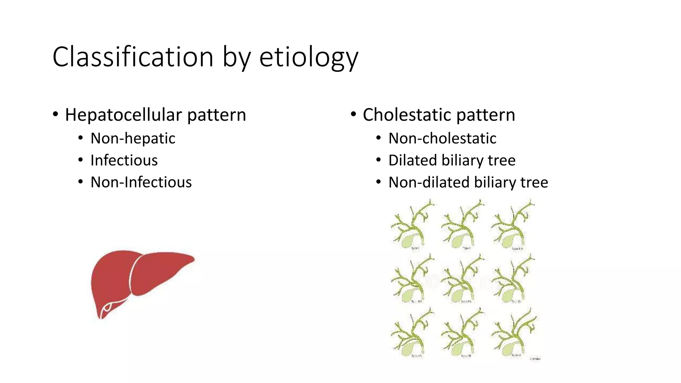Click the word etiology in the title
[x=309, y=57]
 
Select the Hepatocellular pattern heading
[x=155, y=115]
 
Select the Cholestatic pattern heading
[x=439, y=115]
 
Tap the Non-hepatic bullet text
[x=133, y=138]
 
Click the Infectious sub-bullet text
[x=124, y=160]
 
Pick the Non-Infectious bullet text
[x=141, y=182]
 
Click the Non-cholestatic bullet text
[x=442, y=138]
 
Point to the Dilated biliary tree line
[x=452, y=160]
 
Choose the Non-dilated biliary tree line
[x=468, y=182]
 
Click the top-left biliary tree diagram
[x=412, y=224]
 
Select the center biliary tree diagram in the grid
[x=462, y=279]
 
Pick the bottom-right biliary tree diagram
[x=514, y=332]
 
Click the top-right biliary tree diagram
[x=514, y=224]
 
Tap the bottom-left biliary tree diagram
[x=412, y=332]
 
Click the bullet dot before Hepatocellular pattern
[x=56, y=115]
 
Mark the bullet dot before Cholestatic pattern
[x=353, y=115]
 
